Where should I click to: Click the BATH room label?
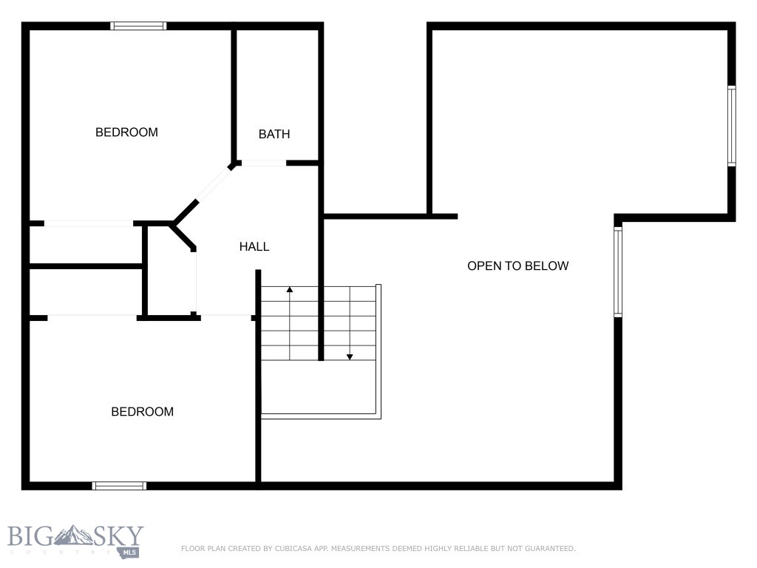coord(274,134)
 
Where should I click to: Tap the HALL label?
coord(254,247)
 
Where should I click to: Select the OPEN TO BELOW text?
coord(517,266)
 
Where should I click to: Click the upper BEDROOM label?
coord(126,132)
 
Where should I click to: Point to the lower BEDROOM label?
coord(142,412)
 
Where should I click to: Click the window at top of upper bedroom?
coord(138,26)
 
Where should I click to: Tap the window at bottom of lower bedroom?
coord(119,486)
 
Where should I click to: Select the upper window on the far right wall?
coord(731,126)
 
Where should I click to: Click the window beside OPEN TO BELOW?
coord(618,271)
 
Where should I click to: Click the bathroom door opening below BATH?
coord(263,163)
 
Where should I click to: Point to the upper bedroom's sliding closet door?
coord(89,223)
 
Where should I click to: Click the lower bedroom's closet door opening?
coord(92,317)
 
